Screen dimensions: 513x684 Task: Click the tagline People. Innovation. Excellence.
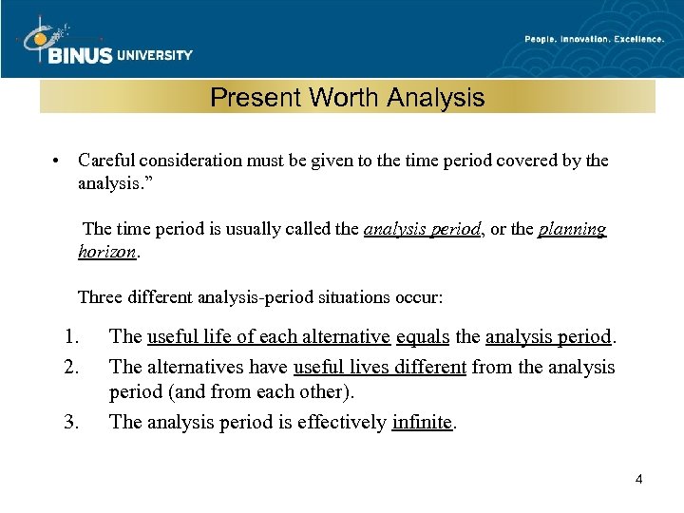pos(595,39)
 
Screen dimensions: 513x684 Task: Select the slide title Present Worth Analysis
pos(347,97)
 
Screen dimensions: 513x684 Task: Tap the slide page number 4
pos(638,479)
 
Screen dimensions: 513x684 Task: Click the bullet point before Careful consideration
pos(58,161)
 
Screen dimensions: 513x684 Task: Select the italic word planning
pos(572,229)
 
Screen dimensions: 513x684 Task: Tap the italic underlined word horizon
pos(107,254)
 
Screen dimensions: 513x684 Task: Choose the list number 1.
pos(69,337)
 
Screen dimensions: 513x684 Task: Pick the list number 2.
pos(69,367)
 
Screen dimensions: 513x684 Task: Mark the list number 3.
pos(69,422)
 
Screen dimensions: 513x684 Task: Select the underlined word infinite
pos(423,422)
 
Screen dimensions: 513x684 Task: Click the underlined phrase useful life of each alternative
pos(269,337)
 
